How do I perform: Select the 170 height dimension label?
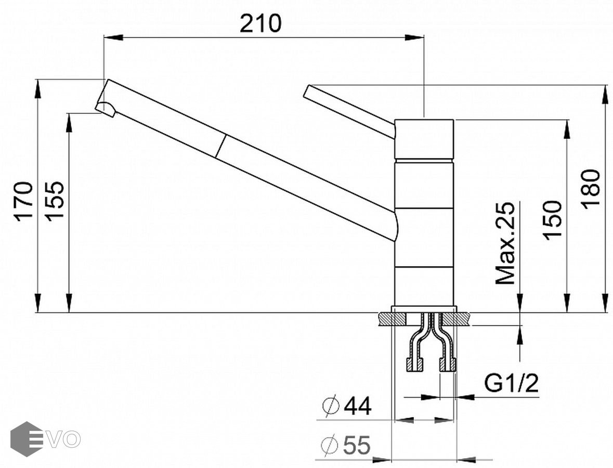tap(24, 201)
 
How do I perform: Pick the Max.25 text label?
tap(505, 243)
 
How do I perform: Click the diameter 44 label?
tap(347, 406)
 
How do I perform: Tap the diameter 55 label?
tap(346, 446)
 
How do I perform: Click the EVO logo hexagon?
tap(26, 439)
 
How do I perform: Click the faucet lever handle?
tap(348, 111)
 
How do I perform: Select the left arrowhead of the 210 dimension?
tap(112, 37)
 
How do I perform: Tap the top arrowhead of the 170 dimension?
tap(38, 88)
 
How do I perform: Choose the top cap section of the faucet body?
tap(424, 139)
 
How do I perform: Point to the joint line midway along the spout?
tap(220, 146)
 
